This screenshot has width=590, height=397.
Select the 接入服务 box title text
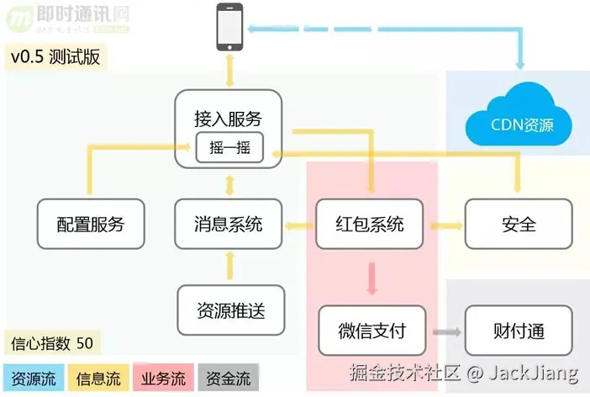pos(228,119)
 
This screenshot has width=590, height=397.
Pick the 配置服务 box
pos(91,224)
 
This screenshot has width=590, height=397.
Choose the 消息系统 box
pos(228,224)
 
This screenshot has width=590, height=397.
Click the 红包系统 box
pos(371,224)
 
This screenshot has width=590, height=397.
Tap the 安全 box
pos(519,224)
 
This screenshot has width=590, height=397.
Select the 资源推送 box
pos(229,310)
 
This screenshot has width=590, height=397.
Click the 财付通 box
pos(519,331)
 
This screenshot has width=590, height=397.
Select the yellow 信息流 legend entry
pos(98,378)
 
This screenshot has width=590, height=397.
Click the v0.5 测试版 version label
pos(53,57)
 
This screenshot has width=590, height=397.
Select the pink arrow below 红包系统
pos(371,275)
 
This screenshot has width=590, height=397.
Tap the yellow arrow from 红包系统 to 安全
pos(445,225)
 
